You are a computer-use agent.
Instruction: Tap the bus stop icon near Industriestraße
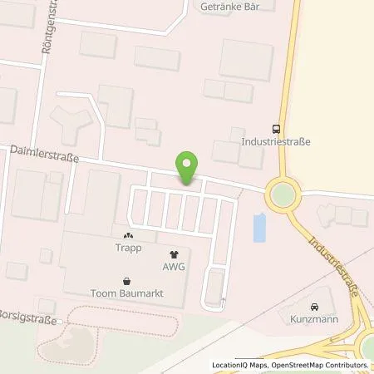(x=276, y=129)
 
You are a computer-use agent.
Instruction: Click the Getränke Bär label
(x=226, y=7)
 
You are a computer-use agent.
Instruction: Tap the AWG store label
(x=173, y=267)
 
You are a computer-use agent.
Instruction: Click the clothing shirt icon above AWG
(x=173, y=254)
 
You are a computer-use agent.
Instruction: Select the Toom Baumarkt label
(x=126, y=293)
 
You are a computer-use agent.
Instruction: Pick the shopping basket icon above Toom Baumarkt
(x=126, y=280)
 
